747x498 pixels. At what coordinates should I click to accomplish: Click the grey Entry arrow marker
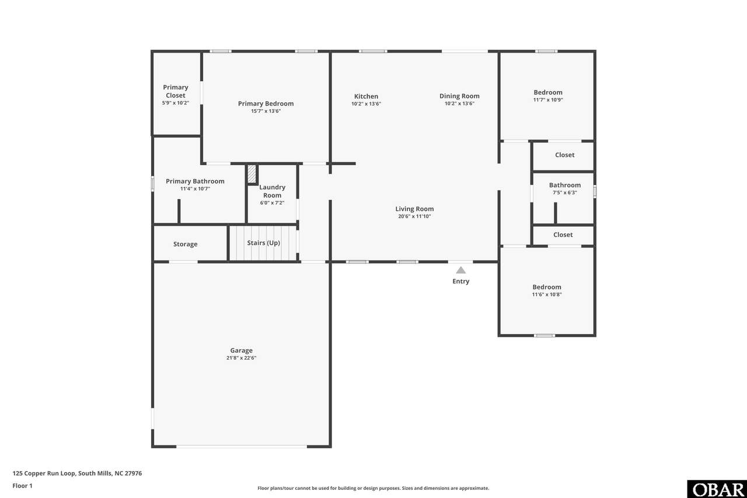(460, 270)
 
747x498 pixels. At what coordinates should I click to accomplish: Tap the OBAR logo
(717, 489)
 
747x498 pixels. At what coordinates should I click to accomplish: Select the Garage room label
(241, 350)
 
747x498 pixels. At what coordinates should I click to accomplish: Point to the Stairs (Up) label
(263, 243)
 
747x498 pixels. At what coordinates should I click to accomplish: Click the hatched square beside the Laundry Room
(252, 174)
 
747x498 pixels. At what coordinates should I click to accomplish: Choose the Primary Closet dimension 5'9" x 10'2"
(176, 103)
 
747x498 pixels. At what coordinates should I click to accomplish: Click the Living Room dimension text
(414, 216)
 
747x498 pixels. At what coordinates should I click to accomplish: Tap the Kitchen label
(366, 96)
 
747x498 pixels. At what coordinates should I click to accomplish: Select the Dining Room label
(459, 96)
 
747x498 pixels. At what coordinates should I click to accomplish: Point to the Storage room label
(186, 244)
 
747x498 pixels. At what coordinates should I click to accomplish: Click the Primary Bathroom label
(195, 181)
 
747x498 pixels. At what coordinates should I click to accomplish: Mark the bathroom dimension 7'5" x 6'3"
(564, 193)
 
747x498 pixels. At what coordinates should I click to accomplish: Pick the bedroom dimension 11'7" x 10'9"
(548, 100)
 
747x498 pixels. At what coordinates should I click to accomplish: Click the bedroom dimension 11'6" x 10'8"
(547, 294)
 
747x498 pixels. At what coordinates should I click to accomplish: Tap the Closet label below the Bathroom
(563, 235)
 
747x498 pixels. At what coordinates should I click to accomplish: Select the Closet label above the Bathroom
(564, 155)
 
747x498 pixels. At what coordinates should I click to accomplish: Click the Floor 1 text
(22, 486)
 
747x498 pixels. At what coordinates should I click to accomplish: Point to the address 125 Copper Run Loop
(44, 473)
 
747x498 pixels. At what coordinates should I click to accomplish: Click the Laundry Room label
(272, 191)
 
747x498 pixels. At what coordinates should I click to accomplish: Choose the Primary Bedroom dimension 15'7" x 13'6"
(266, 111)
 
